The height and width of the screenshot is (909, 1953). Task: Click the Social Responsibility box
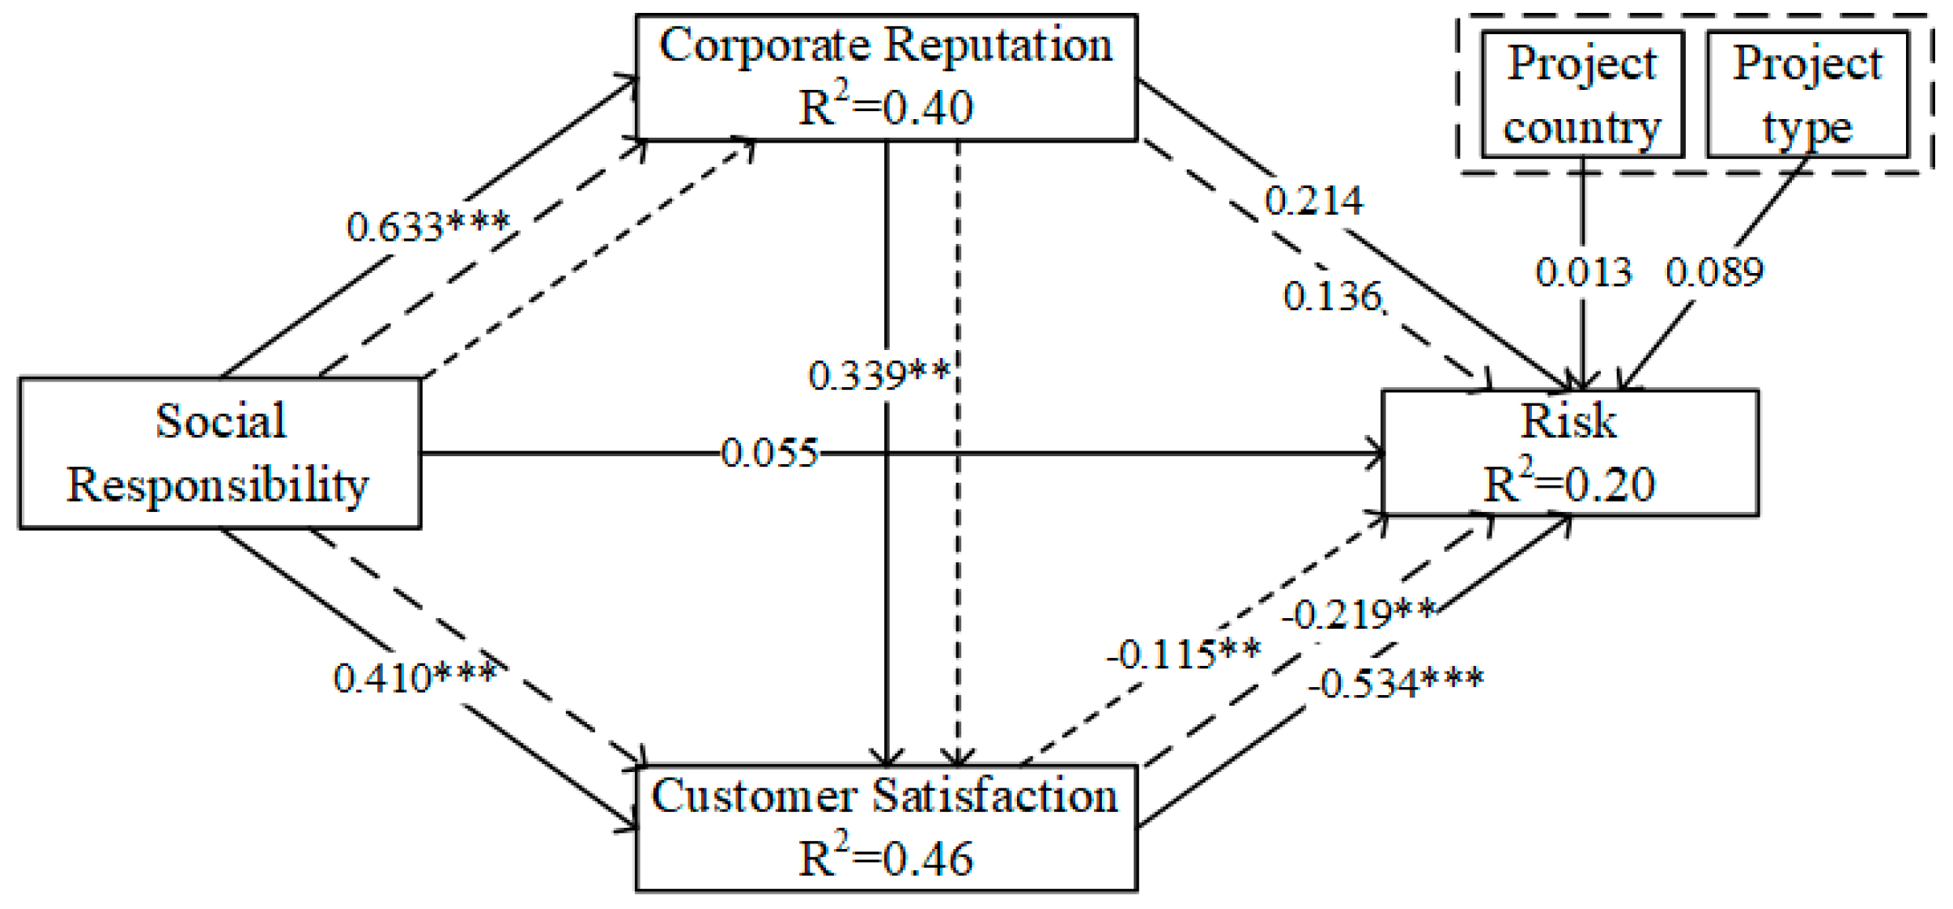(x=219, y=453)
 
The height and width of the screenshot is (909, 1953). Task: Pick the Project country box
(x=1582, y=94)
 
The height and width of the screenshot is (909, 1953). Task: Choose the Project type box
(x=1807, y=94)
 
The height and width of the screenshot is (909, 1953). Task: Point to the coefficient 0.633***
(x=428, y=226)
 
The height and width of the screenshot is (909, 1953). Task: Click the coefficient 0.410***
(x=415, y=677)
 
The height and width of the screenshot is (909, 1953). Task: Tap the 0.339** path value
(x=879, y=375)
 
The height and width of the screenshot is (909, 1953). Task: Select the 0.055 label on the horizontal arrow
(x=769, y=453)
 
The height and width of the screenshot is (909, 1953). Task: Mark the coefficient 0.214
(x=1313, y=200)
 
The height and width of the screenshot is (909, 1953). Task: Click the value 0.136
(x=1332, y=297)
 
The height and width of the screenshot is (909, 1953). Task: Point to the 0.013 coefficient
(x=1583, y=272)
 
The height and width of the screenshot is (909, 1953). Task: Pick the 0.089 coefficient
(x=1714, y=272)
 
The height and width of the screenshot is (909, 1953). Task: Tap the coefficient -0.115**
(x=1183, y=654)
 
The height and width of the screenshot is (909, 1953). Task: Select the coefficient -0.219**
(x=1359, y=615)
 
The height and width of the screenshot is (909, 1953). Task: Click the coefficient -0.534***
(x=1395, y=683)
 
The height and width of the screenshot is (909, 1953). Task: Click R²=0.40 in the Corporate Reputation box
(x=886, y=108)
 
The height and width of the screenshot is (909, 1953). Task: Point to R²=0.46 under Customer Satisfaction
(x=886, y=859)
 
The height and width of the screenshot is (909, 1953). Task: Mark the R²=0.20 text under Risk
(x=1568, y=484)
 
